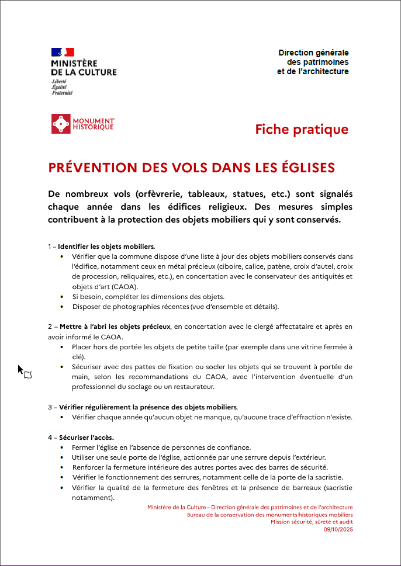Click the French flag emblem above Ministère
(63, 53)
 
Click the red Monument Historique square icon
(61, 124)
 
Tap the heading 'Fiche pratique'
(302, 129)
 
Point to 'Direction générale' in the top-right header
(313, 53)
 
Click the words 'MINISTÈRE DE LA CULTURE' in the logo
(84, 67)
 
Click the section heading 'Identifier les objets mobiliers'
(106, 246)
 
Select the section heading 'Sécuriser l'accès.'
(86, 437)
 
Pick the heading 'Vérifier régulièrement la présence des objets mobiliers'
(148, 407)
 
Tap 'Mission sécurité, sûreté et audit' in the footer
(312, 522)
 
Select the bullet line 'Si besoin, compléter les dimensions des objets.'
(148, 297)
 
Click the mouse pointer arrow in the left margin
(20, 370)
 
